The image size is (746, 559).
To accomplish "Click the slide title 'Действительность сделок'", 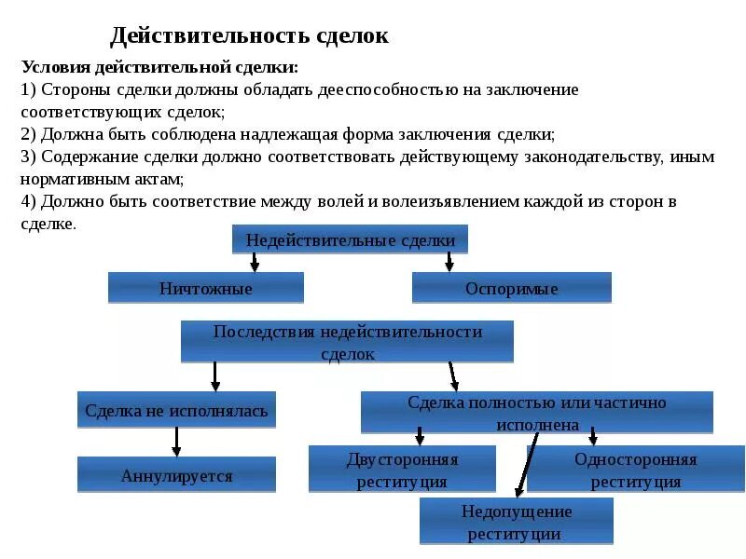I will [x=249, y=36].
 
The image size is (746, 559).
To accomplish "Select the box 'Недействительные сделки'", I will [x=350, y=239].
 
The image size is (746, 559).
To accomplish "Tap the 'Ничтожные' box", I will [x=206, y=288].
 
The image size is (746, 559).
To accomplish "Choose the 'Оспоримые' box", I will [x=512, y=288].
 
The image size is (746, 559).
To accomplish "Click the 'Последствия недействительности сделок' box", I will [x=347, y=342].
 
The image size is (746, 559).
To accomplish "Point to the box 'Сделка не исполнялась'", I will [x=176, y=410].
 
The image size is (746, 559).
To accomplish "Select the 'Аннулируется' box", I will [x=176, y=475].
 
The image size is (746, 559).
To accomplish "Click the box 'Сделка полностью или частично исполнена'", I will [x=536, y=413].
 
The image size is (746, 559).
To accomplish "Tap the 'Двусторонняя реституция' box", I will [x=402, y=470].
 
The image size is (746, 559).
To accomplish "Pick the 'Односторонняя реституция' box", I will [x=635, y=470].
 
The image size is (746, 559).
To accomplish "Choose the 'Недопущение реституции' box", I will [x=516, y=522].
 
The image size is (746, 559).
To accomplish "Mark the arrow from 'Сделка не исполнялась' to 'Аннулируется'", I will [x=176, y=442].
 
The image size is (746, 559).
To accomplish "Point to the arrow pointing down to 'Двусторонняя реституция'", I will [x=420, y=435].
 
